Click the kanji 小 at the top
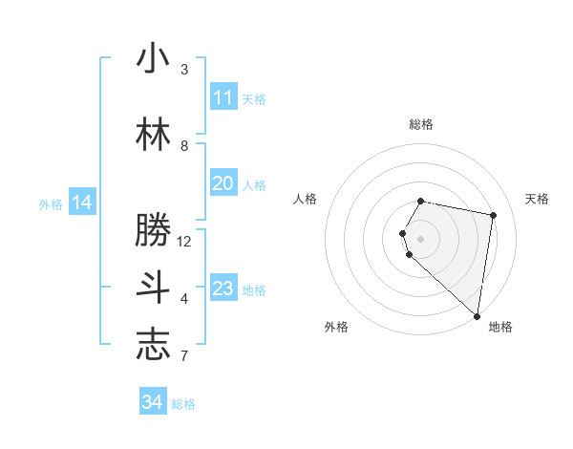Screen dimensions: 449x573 click(153, 58)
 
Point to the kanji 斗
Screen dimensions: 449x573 click(153, 288)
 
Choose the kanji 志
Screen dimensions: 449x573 click(153, 345)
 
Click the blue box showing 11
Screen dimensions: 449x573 click(223, 97)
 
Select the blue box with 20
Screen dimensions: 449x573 click(223, 183)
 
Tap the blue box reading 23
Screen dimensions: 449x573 click(223, 289)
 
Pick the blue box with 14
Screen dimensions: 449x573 click(82, 203)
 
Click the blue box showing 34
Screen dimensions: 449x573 click(153, 402)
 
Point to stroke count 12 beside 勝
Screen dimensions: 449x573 click(184, 241)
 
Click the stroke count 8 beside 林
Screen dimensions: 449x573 click(184, 145)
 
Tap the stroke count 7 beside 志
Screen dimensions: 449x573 click(184, 357)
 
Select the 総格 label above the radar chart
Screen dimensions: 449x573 click(420, 124)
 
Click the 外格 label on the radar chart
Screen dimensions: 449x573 click(336, 327)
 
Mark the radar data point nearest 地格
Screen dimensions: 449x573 click(477, 316)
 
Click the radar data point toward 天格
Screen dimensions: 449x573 click(493, 216)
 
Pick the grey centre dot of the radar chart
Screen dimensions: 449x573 click(420, 238)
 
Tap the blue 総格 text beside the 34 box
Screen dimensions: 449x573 click(183, 404)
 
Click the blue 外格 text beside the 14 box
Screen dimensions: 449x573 click(51, 203)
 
